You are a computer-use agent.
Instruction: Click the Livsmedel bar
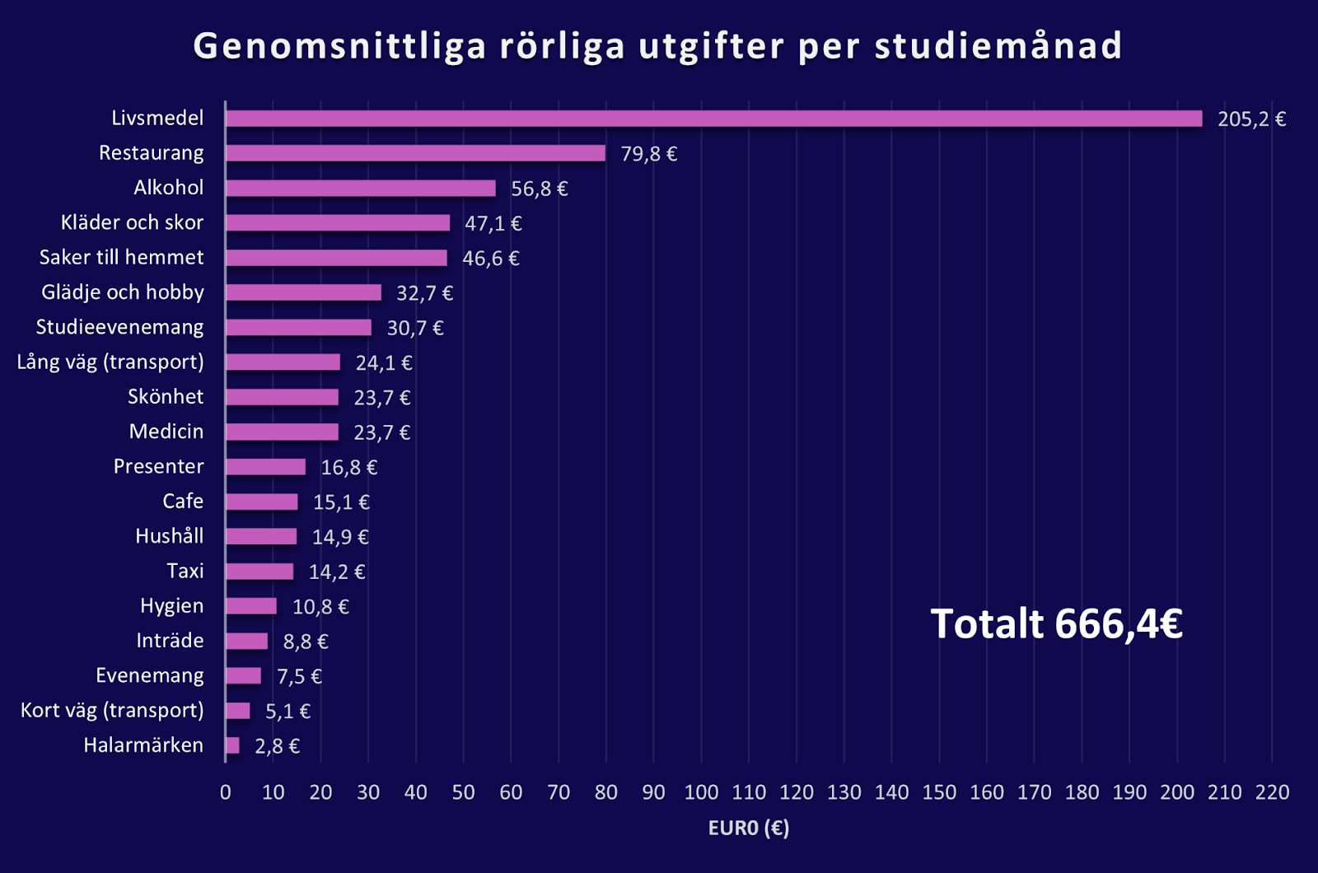click(713, 119)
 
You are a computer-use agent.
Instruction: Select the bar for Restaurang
click(415, 153)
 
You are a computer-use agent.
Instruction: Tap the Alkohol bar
click(361, 189)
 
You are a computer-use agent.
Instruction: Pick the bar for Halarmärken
click(232, 745)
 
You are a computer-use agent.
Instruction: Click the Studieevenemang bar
click(298, 328)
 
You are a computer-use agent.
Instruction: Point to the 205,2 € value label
click(1251, 119)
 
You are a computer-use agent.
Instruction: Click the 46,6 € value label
click(491, 259)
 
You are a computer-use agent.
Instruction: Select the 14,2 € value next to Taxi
click(337, 572)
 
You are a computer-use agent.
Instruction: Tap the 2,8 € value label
click(277, 746)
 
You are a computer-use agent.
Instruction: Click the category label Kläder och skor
click(132, 222)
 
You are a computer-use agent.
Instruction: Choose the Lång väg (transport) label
click(110, 362)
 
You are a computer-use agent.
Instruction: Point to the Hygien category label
click(171, 606)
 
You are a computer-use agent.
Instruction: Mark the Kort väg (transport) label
click(112, 710)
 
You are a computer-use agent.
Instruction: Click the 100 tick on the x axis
click(701, 792)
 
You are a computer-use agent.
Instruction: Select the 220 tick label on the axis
click(1272, 792)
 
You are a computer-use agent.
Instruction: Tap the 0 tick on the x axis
click(226, 792)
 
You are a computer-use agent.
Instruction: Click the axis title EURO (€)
click(748, 828)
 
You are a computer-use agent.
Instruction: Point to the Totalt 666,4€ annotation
click(1056, 623)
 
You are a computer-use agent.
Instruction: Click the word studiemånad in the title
click(998, 46)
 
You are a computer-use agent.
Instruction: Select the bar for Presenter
click(265, 467)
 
